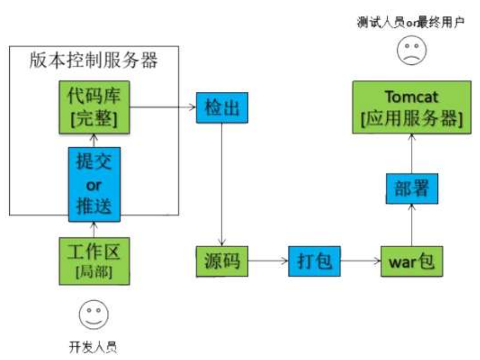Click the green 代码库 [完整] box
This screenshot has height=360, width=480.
[x=93, y=106]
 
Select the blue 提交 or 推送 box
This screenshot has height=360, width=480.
[x=94, y=184]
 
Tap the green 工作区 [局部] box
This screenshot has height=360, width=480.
[x=94, y=261]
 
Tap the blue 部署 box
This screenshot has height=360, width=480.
[x=412, y=189]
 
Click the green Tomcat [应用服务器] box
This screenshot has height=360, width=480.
[x=412, y=107]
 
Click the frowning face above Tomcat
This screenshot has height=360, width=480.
[x=412, y=51]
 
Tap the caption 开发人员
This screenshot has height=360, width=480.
[x=94, y=347]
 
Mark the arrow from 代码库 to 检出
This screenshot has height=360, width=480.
[x=163, y=108]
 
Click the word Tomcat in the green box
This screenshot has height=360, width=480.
[x=412, y=97]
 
